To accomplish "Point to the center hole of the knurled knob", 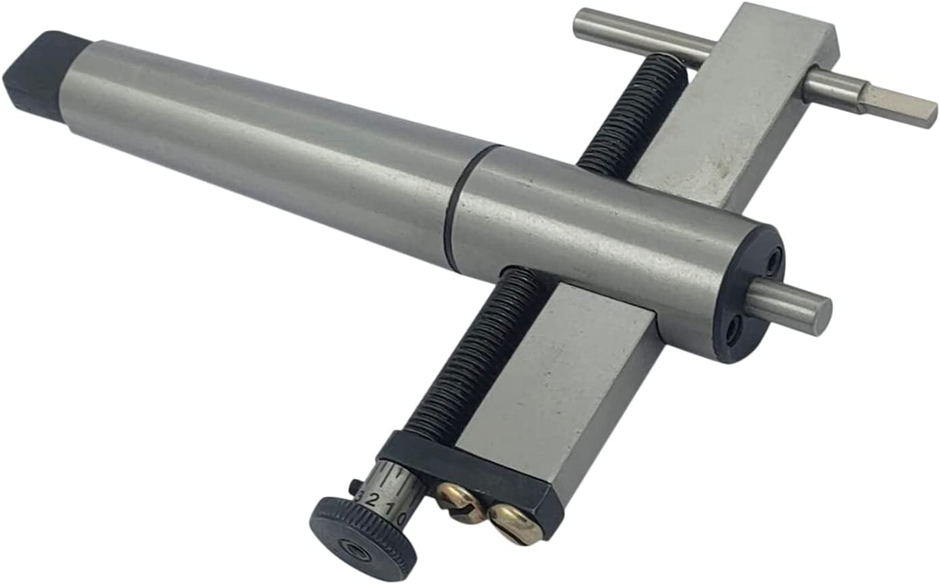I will point(359,548).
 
